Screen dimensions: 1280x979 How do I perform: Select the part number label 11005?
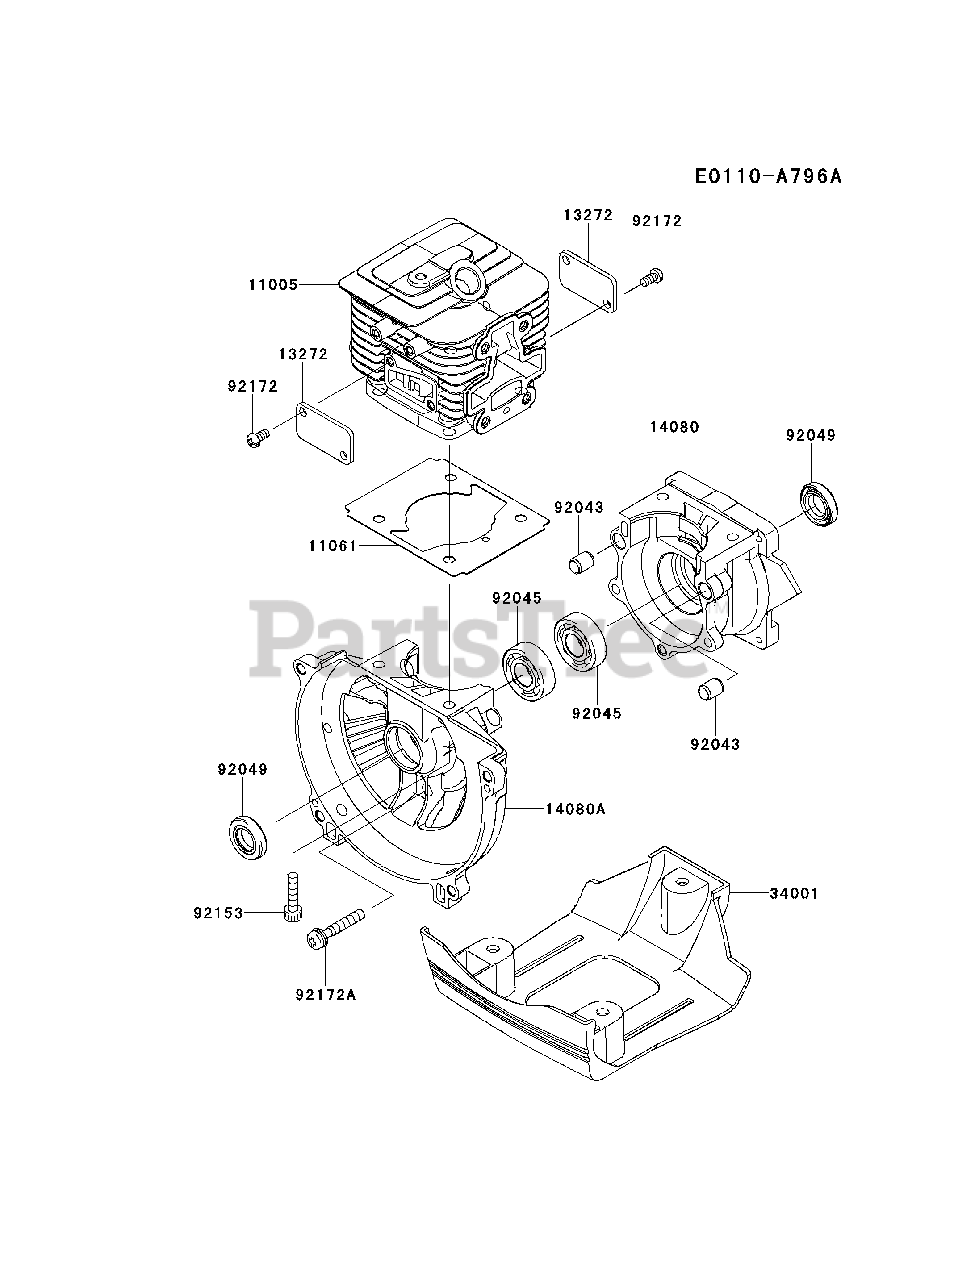click(x=273, y=285)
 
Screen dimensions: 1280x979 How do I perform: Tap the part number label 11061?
click(x=333, y=546)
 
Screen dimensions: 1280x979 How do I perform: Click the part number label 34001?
click(x=794, y=893)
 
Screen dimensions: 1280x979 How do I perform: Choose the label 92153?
click(x=219, y=913)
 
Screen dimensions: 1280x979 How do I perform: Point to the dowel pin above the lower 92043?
click(x=711, y=692)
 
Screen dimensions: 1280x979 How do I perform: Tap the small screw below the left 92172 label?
click(x=258, y=437)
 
